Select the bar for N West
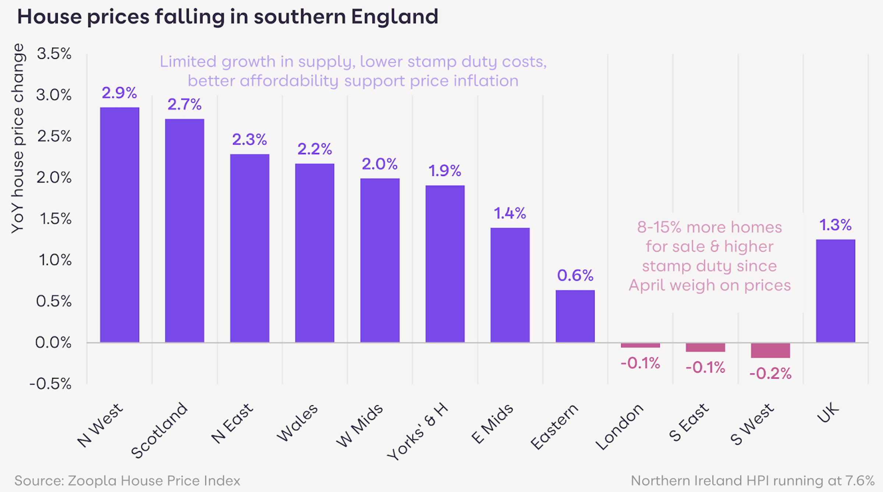120,224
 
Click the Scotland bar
184,230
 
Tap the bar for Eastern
575,316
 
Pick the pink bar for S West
770,350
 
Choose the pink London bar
640,346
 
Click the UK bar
836,291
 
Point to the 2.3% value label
249,139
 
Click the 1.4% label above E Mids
510,213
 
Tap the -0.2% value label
770,374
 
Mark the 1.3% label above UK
836,225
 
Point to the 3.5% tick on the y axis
54,54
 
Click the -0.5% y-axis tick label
51,384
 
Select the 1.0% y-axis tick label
55,260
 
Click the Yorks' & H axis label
418,431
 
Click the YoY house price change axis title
18,138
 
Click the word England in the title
394,17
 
